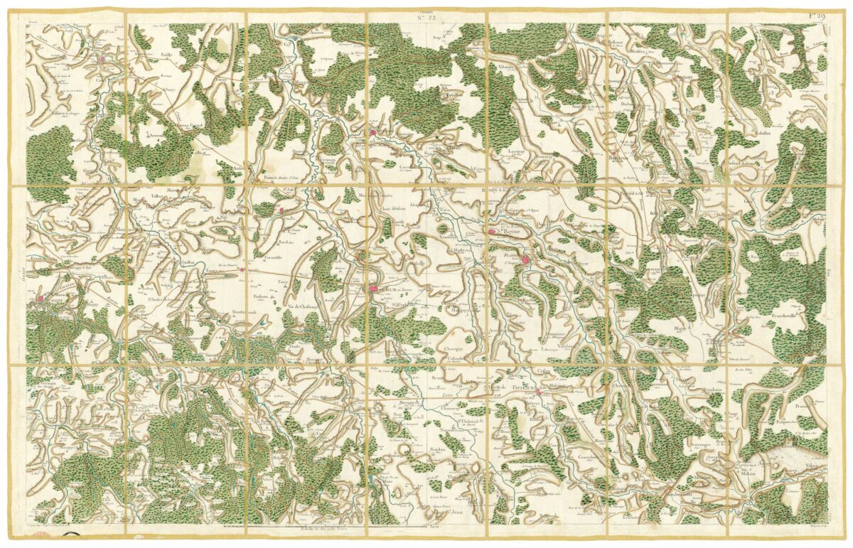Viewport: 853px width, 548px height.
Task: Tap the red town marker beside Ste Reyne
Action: tap(492, 231)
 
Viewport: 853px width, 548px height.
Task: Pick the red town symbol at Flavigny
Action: tap(525, 261)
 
